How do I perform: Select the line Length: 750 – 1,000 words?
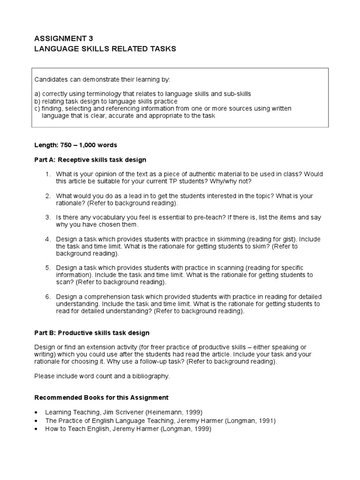(x=75, y=145)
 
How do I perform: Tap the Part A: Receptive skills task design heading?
(x=90, y=160)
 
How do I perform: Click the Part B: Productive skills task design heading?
(x=92, y=333)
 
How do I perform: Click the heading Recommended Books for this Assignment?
(x=102, y=397)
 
